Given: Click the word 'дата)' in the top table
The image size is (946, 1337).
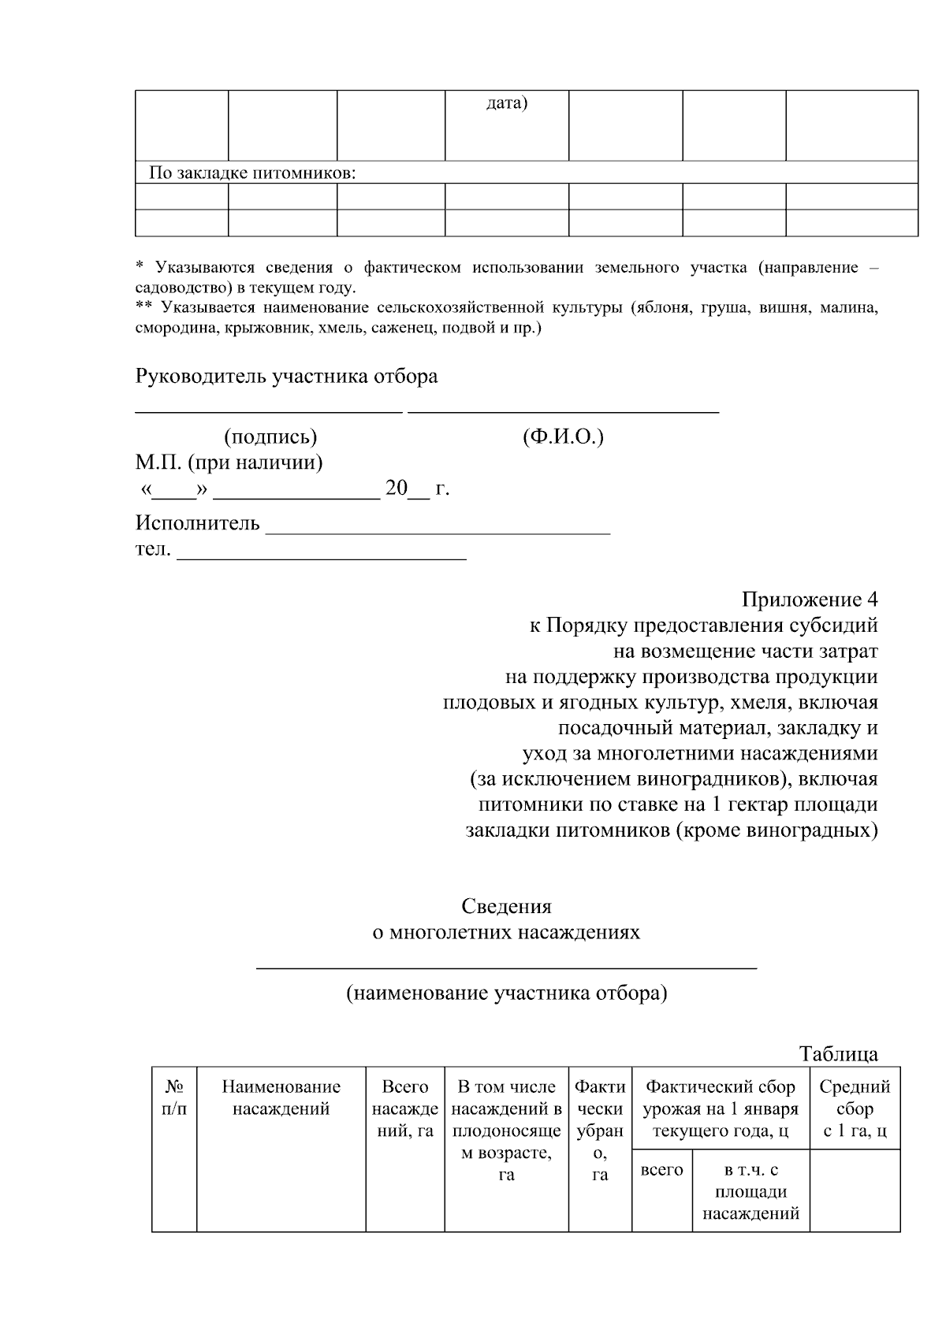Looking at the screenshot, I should coord(506,103).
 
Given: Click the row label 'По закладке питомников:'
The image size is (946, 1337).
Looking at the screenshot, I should coord(253,173).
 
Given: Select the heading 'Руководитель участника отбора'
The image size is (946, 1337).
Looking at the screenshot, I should coord(286,377).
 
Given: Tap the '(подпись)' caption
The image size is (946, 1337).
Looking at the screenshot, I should coord(270,436).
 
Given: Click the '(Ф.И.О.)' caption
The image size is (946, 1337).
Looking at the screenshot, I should coord(563,436).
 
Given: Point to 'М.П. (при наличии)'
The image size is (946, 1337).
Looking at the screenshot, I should coord(229,462).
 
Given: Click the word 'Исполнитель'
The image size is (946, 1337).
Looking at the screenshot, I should coord(198,523).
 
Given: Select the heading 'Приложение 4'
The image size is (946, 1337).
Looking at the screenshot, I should coord(810,600).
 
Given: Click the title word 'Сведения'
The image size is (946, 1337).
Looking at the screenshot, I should coord(507,906).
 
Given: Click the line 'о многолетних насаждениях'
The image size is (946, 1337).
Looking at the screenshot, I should coord(506,933).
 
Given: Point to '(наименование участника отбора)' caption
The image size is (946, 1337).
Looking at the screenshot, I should coord(507,993).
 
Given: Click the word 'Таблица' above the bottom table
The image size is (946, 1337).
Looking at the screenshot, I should coord(838,1054).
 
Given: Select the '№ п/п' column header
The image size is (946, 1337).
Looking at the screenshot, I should coord(174,1098).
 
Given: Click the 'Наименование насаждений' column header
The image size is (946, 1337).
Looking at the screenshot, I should coord(281,1098).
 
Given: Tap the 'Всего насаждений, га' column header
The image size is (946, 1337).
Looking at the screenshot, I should coord(405,1109).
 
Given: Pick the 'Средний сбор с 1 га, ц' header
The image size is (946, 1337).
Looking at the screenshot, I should coord(855,1109).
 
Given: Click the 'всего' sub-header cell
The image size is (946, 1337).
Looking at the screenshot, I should coord(662,1170).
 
